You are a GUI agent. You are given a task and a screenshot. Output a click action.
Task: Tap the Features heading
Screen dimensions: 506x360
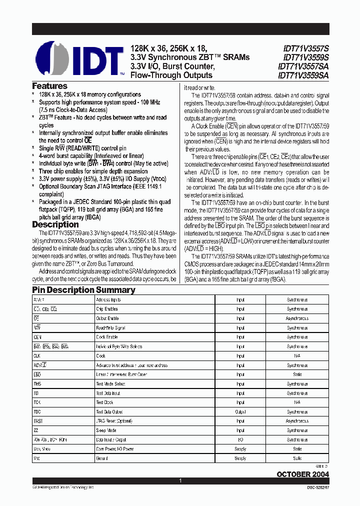click(x=49, y=86)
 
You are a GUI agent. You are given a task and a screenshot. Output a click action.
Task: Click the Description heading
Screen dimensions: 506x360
click(x=55, y=224)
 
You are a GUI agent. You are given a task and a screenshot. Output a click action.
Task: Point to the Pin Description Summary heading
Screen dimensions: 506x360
click(x=83, y=290)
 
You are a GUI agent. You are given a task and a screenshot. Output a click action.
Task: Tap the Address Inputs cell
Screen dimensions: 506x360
click(x=108, y=300)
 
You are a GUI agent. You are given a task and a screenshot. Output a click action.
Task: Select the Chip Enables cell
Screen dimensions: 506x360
click(x=107, y=309)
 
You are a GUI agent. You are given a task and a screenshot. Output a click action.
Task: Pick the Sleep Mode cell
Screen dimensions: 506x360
click(x=106, y=430)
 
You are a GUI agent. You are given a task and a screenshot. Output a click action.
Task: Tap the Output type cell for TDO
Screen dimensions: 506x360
click(x=240, y=412)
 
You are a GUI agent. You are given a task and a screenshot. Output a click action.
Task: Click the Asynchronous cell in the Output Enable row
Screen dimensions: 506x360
click(x=297, y=318)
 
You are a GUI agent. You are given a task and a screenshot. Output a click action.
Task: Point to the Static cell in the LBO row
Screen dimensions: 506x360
click(x=297, y=374)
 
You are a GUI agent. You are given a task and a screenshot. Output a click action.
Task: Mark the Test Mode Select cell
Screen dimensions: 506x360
click(x=110, y=384)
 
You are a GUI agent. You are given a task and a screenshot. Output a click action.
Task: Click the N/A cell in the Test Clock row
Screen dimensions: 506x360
click(x=297, y=402)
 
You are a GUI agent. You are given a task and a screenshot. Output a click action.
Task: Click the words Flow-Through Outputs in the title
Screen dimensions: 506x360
click(x=171, y=75)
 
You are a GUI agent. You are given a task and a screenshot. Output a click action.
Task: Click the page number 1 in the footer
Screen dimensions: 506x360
click(x=179, y=481)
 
